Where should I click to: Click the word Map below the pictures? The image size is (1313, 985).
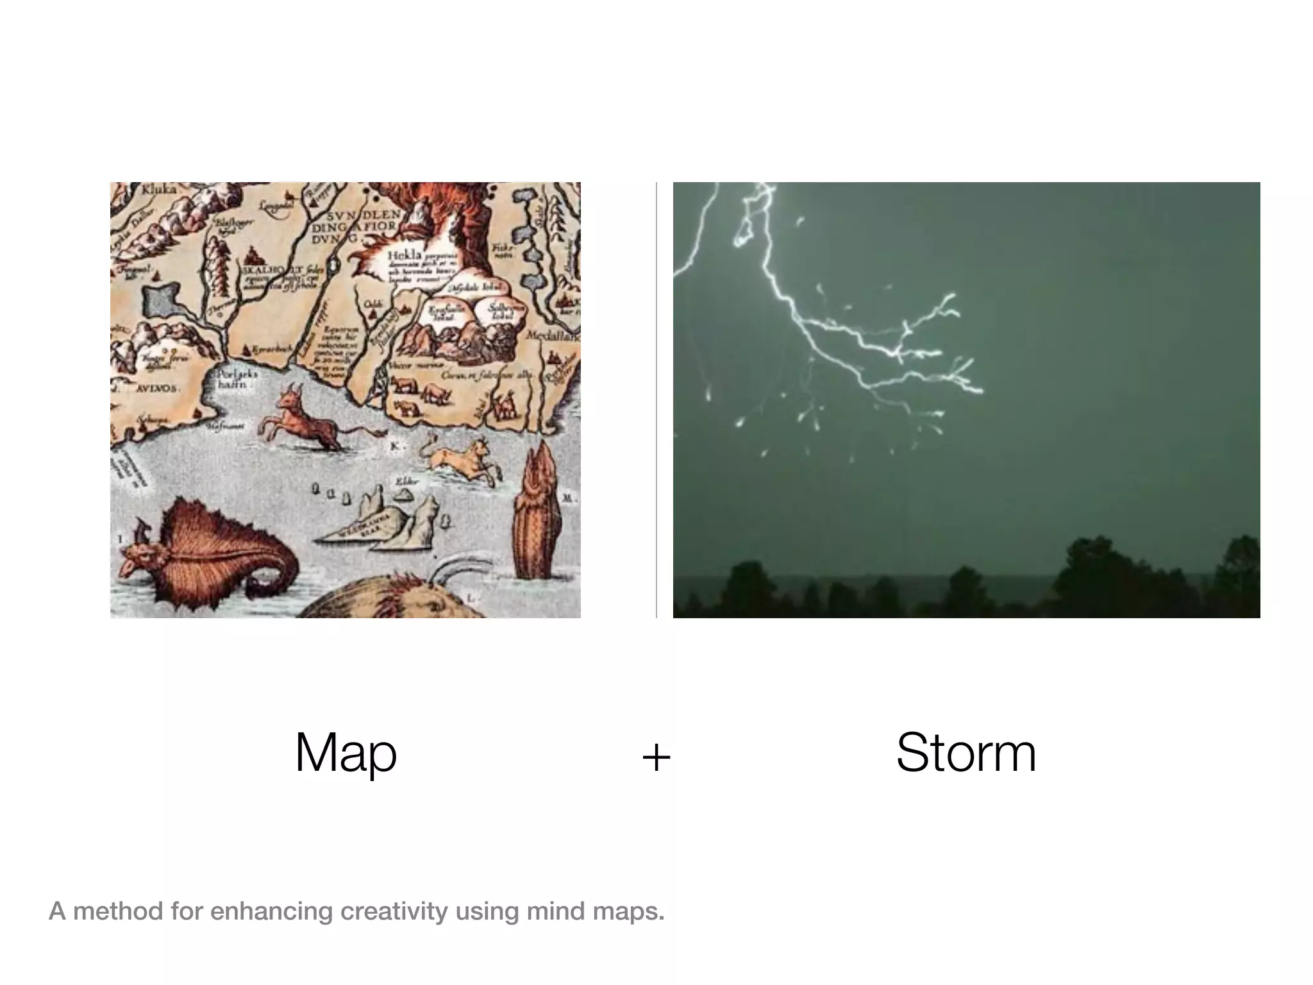point(346,753)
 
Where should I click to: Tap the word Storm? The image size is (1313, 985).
point(966,753)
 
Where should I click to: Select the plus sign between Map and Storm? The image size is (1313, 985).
point(656,757)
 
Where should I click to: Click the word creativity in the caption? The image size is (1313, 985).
point(394,911)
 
